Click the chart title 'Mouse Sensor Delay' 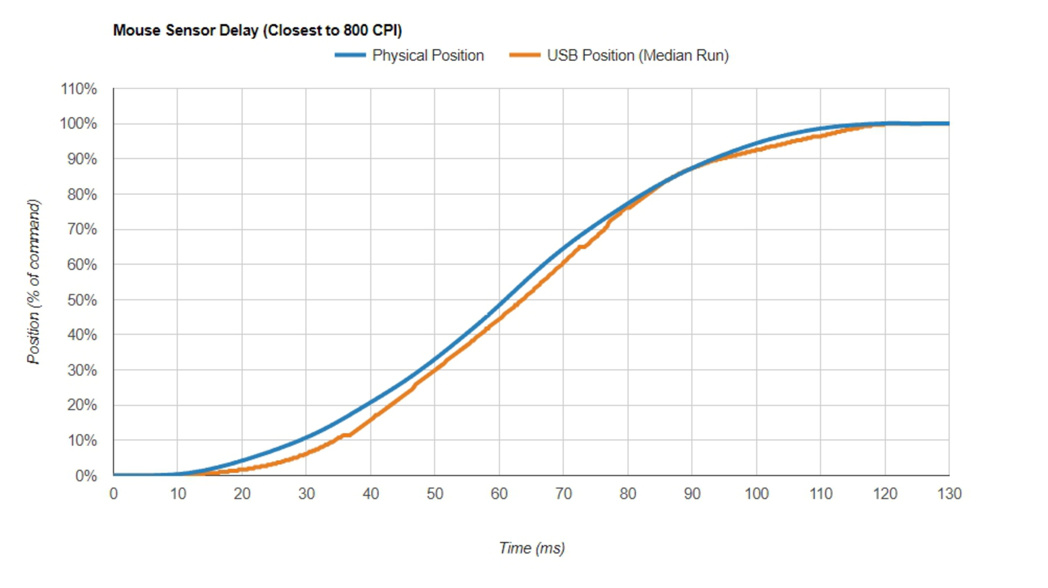(x=257, y=31)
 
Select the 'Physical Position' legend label (x=428, y=55)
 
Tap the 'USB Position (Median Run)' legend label (x=638, y=55)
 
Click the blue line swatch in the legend (x=350, y=55)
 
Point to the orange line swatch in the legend (x=525, y=55)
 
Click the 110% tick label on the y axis (x=79, y=89)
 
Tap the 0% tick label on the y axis (x=86, y=476)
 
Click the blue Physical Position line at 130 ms (x=948, y=123)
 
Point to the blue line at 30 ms (x=306, y=438)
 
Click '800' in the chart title (x=355, y=31)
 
